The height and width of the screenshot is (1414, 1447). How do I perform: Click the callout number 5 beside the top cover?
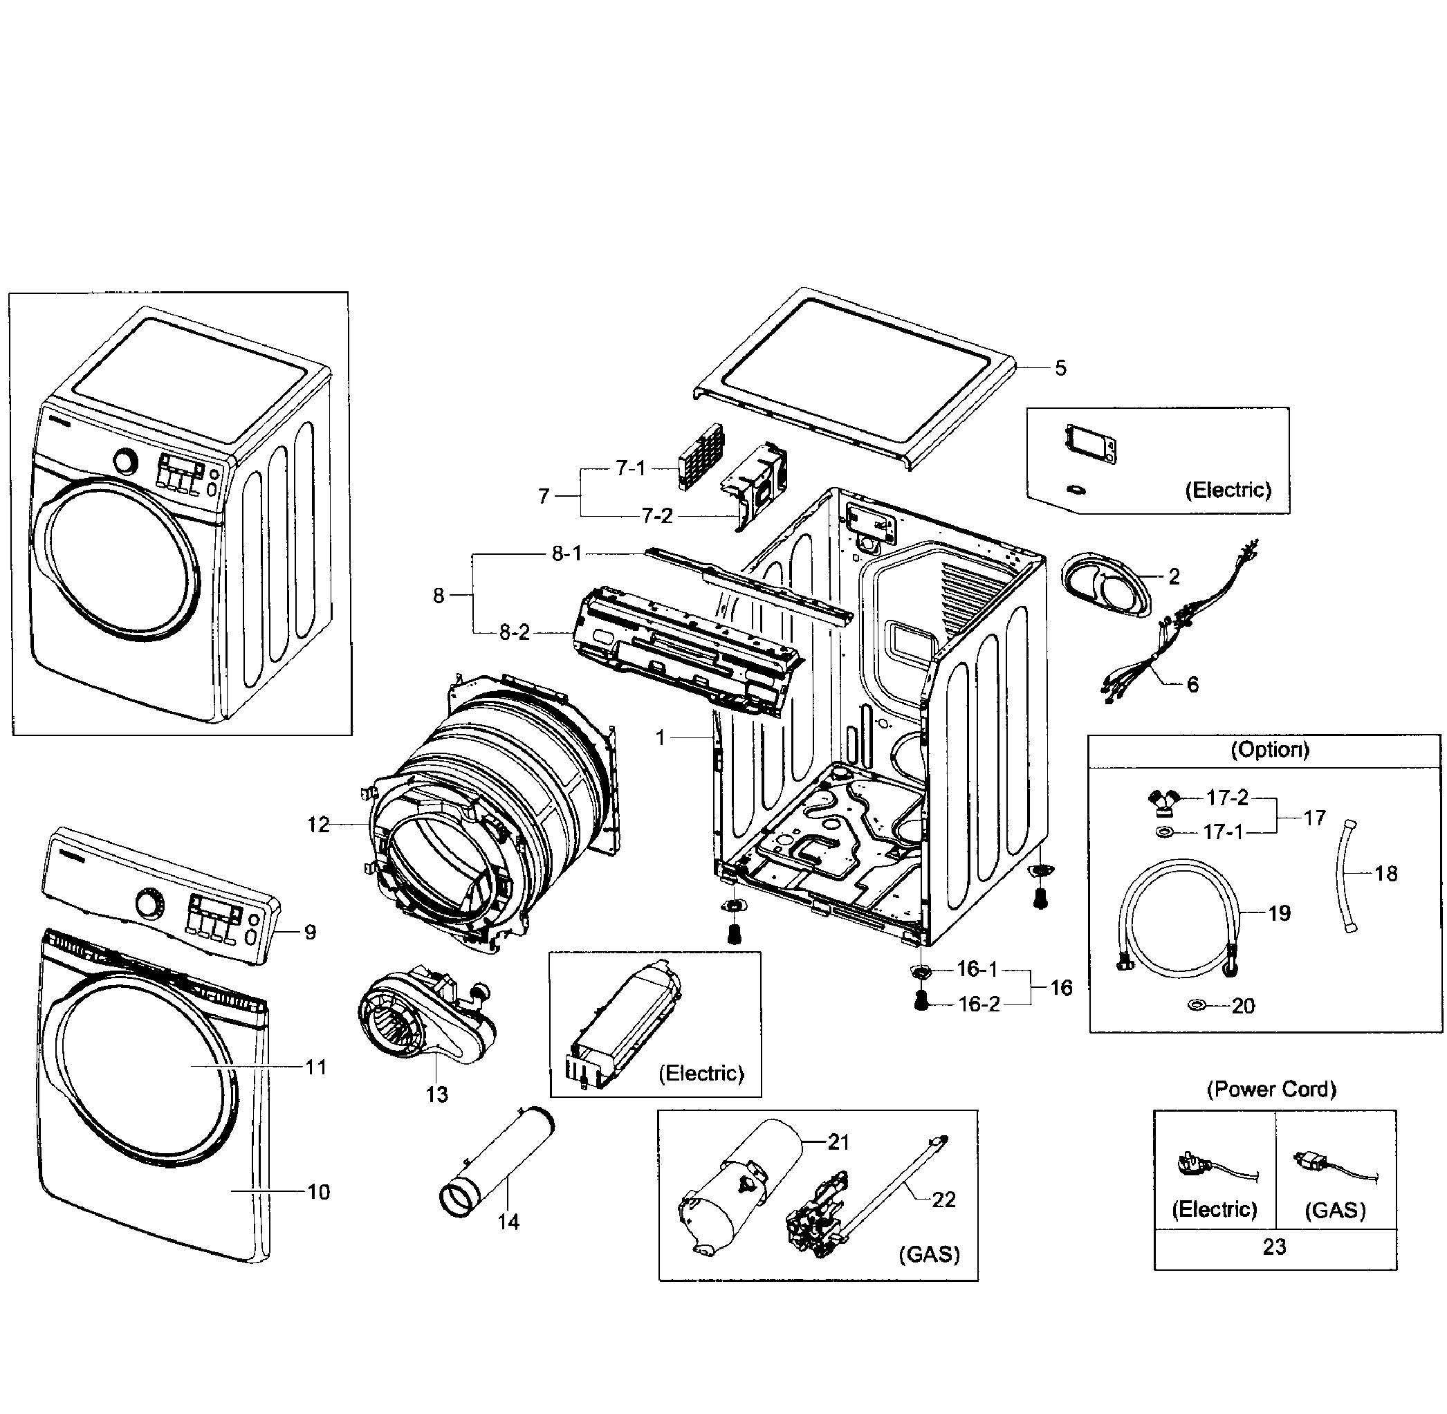[x=1060, y=368]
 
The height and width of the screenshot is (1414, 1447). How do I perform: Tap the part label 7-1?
[x=630, y=468]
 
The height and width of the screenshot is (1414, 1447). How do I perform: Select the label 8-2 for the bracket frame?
[x=515, y=633]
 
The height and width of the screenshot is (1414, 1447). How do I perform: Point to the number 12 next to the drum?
[x=318, y=825]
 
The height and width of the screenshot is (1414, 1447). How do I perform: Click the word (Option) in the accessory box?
[x=1269, y=749]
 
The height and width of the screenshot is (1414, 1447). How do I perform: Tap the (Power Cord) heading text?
[x=1271, y=1090]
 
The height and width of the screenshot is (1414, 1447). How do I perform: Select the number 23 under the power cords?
[x=1274, y=1247]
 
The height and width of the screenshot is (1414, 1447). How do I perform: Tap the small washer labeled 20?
[x=1196, y=1006]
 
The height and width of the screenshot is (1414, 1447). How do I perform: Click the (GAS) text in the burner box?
[x=929, y=1254]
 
